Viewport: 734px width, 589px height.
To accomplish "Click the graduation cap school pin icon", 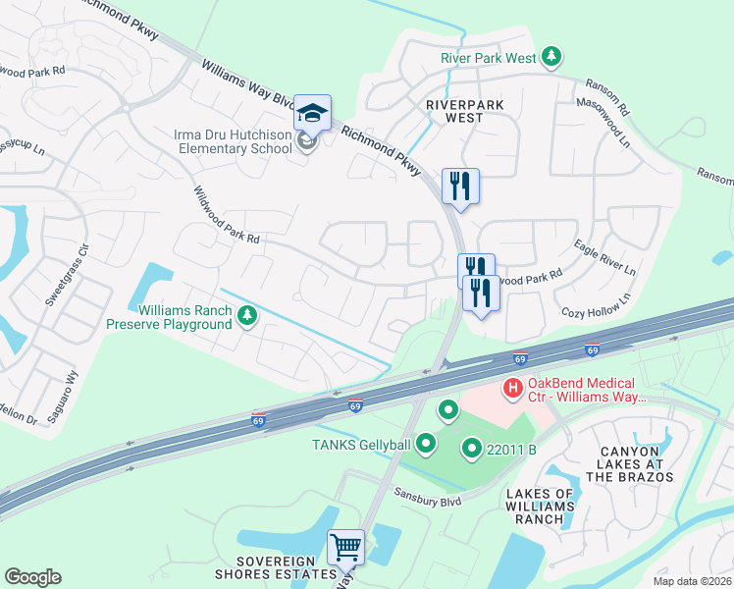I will pos(312,114).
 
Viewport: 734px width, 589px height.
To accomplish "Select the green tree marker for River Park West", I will pos(552,58).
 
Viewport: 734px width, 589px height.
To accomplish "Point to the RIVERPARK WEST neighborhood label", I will pos(453,110).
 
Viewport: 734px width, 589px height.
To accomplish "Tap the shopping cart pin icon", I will pos(345,547).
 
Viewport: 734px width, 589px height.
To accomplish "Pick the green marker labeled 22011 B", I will pos(471,451).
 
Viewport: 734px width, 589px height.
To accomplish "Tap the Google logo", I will pos(32,577).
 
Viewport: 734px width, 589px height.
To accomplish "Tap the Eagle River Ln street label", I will pos(604,256).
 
